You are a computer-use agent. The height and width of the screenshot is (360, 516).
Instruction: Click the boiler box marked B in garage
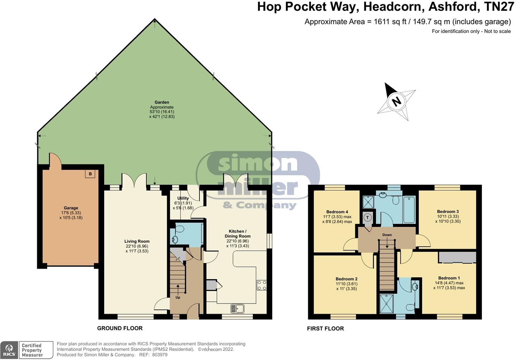coord(90,174)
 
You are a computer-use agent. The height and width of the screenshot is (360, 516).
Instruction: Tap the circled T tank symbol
coord(367,218)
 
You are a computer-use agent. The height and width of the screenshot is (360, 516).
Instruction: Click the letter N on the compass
coord(396,101)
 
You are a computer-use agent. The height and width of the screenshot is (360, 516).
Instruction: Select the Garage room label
coord(71,208)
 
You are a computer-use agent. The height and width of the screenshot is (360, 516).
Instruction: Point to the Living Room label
coord(137,241)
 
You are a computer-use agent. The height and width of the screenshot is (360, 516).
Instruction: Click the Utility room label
coord(183,198)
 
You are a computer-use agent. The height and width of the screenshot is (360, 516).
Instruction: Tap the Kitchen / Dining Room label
coord(237,234)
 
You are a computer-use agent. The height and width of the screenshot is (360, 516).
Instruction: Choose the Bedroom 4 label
coord(337,212)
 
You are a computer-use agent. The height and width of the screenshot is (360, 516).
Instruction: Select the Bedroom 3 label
coord(448,211)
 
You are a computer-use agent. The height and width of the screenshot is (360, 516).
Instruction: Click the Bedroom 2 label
coord(347,279)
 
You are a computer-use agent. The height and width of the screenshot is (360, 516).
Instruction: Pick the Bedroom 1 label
coord(449,278)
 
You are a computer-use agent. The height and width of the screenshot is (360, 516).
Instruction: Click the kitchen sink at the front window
coord(237,308)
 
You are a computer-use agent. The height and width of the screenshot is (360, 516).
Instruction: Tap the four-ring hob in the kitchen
coord(261,285)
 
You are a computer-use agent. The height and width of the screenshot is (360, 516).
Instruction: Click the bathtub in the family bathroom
coord(409,209)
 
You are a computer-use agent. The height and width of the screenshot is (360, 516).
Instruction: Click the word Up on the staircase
coord(178,298)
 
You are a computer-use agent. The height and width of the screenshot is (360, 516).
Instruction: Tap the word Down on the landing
coord(387,235)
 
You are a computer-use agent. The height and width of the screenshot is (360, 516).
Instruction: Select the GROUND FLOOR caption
coord(120,328)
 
